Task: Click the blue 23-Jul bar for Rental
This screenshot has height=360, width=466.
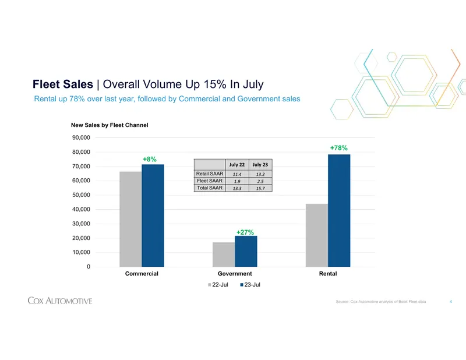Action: click(x=339, y=210)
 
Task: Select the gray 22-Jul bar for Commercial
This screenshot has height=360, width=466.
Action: click(x=130, y=219)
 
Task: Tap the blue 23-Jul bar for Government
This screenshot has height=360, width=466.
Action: click(x=246, y=251)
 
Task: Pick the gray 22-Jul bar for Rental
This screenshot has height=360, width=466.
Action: click(x=317, y=235)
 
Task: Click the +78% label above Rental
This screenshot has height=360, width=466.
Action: click(x=339, y=148)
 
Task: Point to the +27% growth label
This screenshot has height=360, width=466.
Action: click(x=245, y=232)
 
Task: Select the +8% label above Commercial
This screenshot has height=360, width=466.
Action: click(x=150, y=160)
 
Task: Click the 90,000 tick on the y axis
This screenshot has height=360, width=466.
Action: click(x=81, y=137)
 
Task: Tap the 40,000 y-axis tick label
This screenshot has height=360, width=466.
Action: click(x=81, y=209)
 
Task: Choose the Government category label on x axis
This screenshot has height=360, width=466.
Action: click(x=235, y=273)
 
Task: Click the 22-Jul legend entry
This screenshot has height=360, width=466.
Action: click(x=218, y=285)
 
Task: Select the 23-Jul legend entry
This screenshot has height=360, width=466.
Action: click(x=250, y=285)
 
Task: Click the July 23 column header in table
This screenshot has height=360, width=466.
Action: click(x=260, y=165)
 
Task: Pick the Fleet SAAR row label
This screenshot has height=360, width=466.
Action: click(x=210, y=181)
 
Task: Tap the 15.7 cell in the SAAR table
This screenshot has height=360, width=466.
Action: click(x=260, y=188)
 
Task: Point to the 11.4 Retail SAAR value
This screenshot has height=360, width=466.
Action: click(x=237, y=174)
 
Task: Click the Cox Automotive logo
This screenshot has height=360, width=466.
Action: click(x=60, y=301)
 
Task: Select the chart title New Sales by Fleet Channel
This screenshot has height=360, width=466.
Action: click(x=110, y=125)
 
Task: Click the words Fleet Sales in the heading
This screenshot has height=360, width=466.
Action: click(x=63, y=84)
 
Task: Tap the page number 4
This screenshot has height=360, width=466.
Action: click(x=451, y=301)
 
